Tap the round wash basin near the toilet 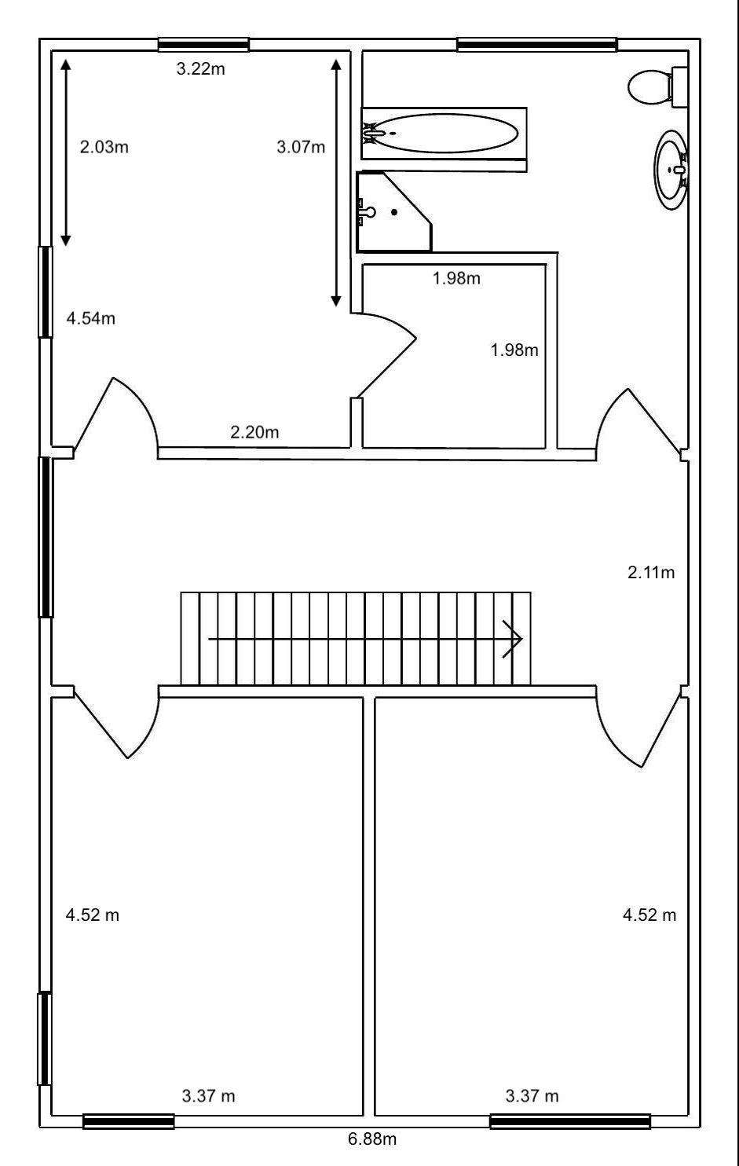pos(671,169)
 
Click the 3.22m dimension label pos(200,69)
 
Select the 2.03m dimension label pos(104,146)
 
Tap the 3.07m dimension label pos(301,146)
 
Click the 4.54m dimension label pos(91,318)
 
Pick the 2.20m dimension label pos(254,431)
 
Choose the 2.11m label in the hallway pos(650,573)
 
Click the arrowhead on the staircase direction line pos(515,639)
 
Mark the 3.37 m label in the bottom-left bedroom pos(208,1095)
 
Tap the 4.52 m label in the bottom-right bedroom pos(649,915)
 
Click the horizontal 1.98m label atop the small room pos(456,278)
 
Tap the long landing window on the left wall pos(46,537)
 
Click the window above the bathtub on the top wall pos(536,45)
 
